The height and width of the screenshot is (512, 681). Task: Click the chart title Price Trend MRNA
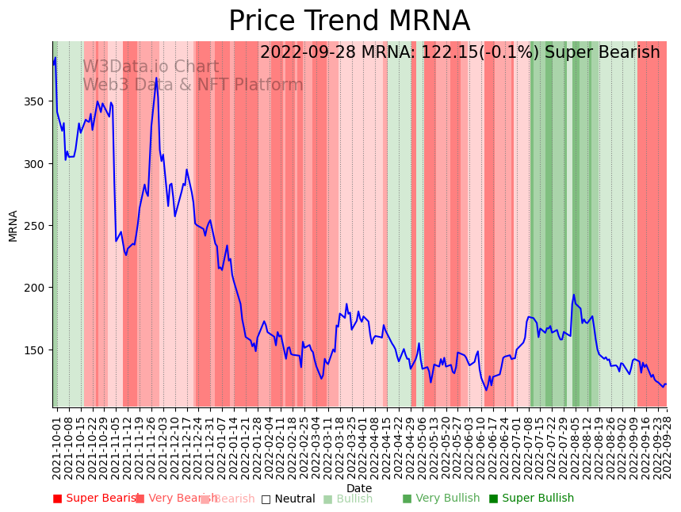click(349, 21)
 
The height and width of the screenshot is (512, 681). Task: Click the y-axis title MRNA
click(13, 226)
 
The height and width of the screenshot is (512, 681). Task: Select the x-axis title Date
click(359, 488)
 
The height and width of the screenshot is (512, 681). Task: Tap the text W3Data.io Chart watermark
click(151, 67)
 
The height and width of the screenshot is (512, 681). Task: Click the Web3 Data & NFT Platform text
click(193, 85)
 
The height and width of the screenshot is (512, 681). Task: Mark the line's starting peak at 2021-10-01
click(55, 58)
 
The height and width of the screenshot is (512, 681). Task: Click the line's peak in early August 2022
click(574, 295)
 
